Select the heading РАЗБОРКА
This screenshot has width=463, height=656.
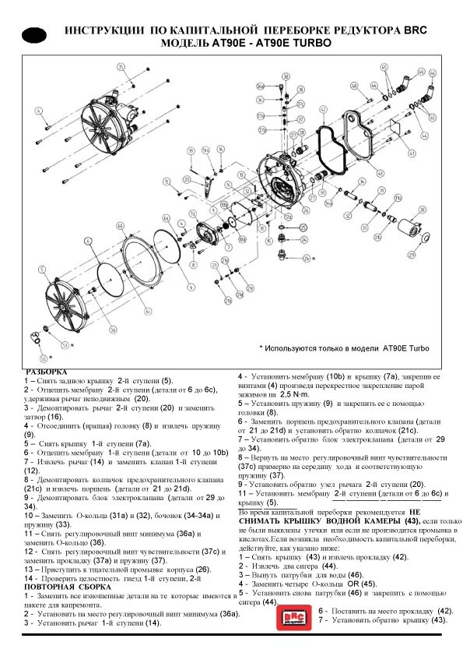[47, 372]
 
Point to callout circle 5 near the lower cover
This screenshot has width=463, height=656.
[40, 270]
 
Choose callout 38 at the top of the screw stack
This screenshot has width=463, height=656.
[286, 76]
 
